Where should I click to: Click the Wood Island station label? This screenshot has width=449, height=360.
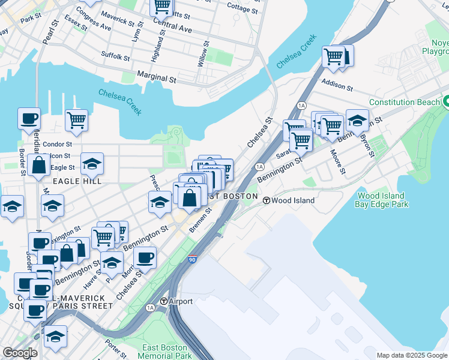click(x=293, y=200)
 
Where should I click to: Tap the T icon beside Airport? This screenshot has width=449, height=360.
click(x=163, y=301)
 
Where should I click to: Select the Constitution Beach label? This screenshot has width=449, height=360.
click(x=404, y=102)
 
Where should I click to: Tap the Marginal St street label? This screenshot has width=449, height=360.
click(x=157, y=78)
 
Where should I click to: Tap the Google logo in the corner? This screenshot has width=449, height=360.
click(x=20, y=353)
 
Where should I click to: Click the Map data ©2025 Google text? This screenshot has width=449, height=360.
click(x=411, y=355)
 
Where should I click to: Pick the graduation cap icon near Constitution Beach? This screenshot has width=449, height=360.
click(x=357, y=121)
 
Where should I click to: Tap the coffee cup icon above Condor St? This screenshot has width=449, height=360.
click(x=29, y=119)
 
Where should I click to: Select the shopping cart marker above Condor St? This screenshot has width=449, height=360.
click(x=76, y=121)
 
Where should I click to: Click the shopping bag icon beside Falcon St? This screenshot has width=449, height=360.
click(x=38, y=166)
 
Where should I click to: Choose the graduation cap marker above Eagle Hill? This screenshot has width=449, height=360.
click(x=92, y=164)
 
